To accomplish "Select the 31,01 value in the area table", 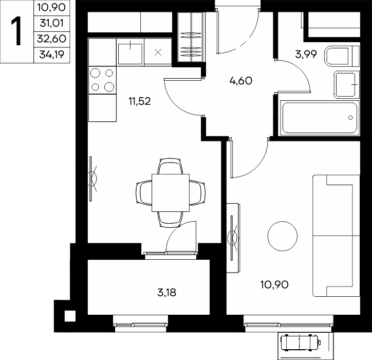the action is [x=52, y=23].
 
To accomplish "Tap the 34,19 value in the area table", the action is [x=52, y=55].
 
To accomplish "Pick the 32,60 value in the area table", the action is [x=52, y=39].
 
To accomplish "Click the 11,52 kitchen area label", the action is [x=140, y=102].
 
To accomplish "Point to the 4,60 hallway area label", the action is [x=241, y=81].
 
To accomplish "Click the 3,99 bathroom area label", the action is [x=306, y=55].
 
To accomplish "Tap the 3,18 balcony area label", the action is [x=167, y=293].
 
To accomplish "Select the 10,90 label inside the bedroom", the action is [x=274, y=284].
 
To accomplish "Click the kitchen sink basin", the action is [x=130, y=53].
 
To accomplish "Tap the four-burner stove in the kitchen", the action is [x=102, y=80].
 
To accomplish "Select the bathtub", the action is [x=320, y=118].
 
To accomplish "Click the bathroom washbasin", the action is [x=346, y=84].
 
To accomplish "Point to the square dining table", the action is [x=171, y=192].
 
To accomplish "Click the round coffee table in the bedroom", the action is [x=282, y=236].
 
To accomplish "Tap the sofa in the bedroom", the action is [x=336, y=236].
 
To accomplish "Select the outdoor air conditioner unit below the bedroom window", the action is [x=301, y=343].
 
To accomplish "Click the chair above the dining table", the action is [x=171, y=166].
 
